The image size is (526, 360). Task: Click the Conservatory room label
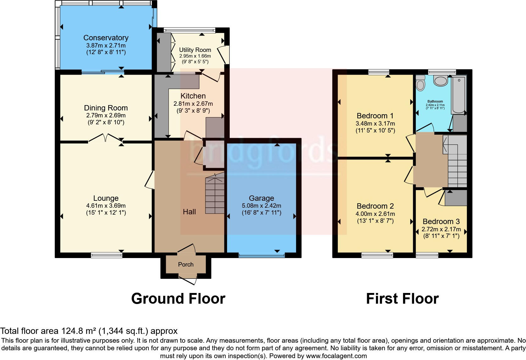point(106,38)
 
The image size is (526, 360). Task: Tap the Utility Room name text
point(195,50)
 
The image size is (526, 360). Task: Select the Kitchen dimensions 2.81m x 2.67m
point(193,104)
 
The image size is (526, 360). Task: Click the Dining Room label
point(106,108)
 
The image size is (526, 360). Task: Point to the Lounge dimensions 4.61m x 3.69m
point(106,205)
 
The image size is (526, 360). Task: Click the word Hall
point(189,212)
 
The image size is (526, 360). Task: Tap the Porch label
point(186,264)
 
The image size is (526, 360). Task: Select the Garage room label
point(261,198)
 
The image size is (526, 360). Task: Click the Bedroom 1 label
point(375,116)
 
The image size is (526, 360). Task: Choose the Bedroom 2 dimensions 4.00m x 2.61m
point(375,214)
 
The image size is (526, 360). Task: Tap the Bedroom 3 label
point(441,222)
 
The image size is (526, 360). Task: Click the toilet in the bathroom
point(420,83)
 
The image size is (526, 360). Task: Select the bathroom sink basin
point(441,81)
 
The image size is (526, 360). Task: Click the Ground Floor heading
point(178,298)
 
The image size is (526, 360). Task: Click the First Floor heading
point(402,298)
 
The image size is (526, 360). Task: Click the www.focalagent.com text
point(336,356)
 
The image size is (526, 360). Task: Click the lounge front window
point(106,255)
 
